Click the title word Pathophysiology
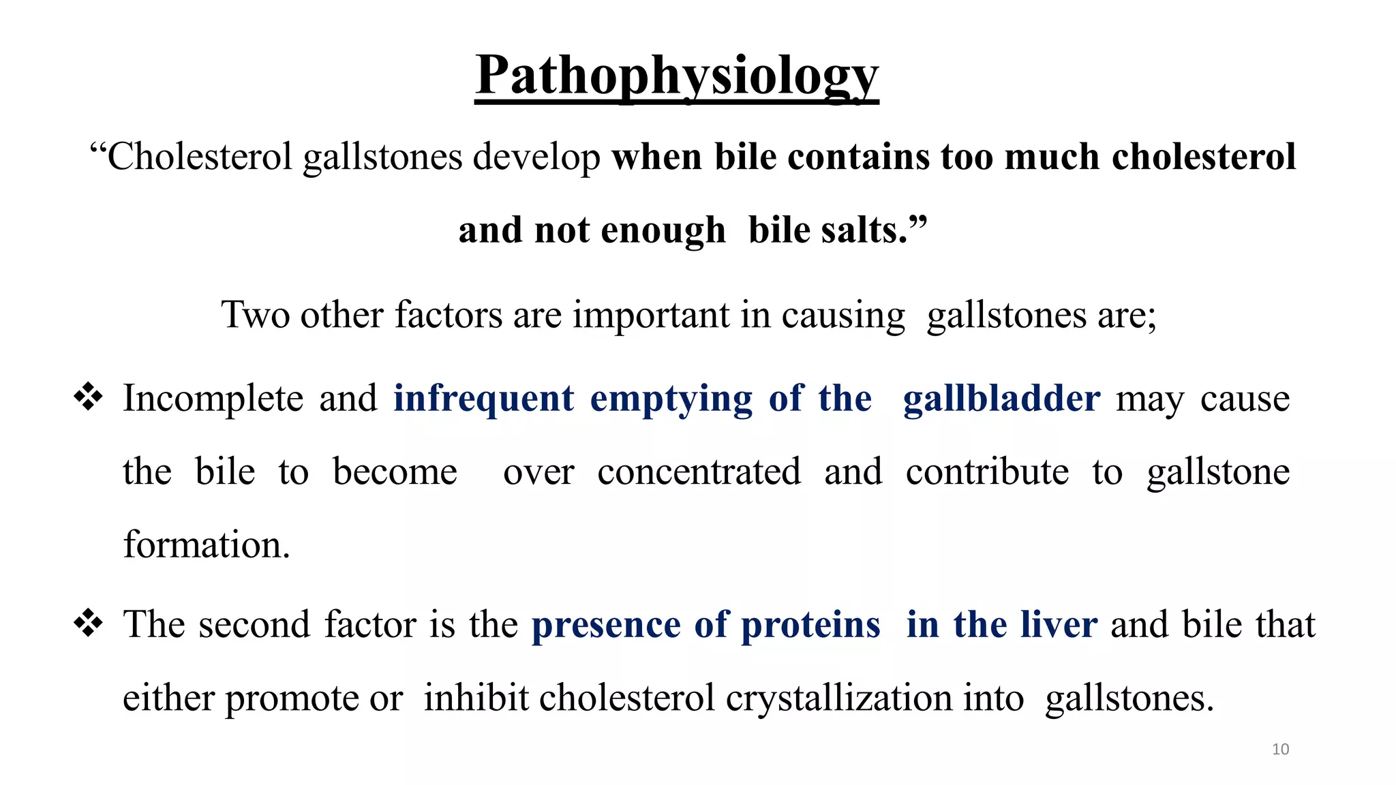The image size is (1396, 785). pyautogui.click(x=677, y=76)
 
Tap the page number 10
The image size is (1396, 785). pyautogui.click(x=1280, y=750)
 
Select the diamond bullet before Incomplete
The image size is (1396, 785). pyautogui.click(x=89, y=397)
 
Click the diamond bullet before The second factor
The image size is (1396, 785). pyautogui.click(x=89, y=623)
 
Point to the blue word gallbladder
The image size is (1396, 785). pyautogui.click(x=1001, y=399)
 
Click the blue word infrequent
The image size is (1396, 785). pyautogui.click(x=483, y=399)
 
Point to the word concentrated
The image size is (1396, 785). pyautogui.click(x=699, y=472)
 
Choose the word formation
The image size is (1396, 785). pyautogui.click(x=207, y=545)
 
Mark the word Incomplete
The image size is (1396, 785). pyautogui.click(x=213, y=399)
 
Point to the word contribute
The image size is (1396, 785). pyautogui.click(x=987, y=472)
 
